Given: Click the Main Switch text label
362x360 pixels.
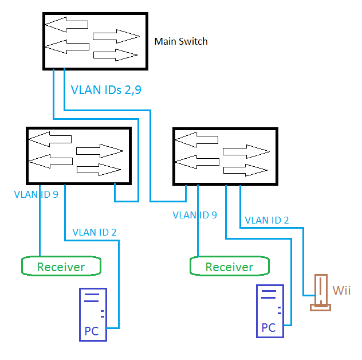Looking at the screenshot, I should (181, 41).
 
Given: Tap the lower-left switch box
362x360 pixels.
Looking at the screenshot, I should (78, 155).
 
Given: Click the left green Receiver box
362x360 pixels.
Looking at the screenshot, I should (61, 266).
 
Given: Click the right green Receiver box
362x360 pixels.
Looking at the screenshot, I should (229, 267).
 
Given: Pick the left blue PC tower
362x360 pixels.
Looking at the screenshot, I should (93, 314).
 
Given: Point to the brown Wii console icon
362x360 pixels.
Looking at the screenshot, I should (320, 292).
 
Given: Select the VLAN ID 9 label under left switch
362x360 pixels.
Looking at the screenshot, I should (36, 195).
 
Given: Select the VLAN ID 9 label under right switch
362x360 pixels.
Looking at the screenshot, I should (195, 216).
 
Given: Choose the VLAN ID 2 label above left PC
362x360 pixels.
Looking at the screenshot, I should (95, 232).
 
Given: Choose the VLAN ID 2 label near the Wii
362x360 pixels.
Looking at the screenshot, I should (267, 220).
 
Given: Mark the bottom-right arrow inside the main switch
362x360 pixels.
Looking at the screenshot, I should (115, 55).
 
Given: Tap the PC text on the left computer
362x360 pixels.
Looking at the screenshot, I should (91, 331).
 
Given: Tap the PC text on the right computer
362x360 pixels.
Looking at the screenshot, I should (268, 328).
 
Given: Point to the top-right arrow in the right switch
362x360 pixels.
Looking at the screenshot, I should (246, 151).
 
